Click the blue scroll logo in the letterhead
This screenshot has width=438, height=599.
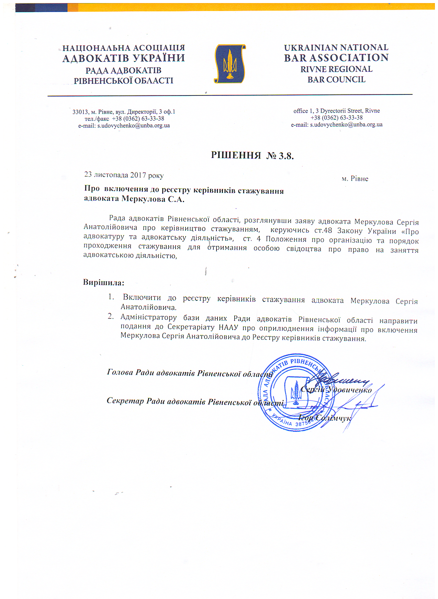coord(230,64)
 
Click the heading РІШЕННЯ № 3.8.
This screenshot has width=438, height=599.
coord(252,156)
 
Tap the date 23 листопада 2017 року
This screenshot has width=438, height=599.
coord(124,175)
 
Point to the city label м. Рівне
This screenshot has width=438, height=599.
coord(355,179)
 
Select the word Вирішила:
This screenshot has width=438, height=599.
coord(103,283)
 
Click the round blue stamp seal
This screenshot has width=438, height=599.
coord(296,393)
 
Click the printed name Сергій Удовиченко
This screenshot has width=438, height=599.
coord(336,390)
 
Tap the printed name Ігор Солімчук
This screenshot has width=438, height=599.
coord(324,418)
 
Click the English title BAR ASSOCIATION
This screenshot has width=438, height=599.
coord(336,58)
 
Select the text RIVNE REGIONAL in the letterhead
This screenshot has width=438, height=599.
coord(336,69)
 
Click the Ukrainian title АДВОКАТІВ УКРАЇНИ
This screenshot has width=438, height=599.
coord(124,58)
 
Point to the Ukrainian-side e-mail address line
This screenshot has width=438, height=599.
coord(124,126)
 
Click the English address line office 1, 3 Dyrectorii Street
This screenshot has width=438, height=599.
coord(336,111)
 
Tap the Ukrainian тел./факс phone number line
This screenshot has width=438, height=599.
coord(124,119)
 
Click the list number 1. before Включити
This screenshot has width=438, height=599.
coord(111,297)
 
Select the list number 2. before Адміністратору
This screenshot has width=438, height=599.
coord(111,316)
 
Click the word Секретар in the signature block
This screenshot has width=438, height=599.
coord(125,401)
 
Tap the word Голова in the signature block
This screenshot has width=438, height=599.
coord(120,372)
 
